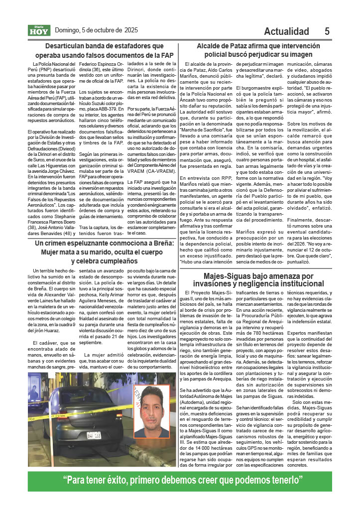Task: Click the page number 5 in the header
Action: (327, 31)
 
